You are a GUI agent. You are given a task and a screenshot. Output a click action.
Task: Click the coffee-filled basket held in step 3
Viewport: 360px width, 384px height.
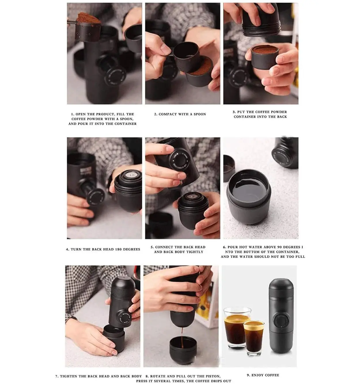264,56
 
